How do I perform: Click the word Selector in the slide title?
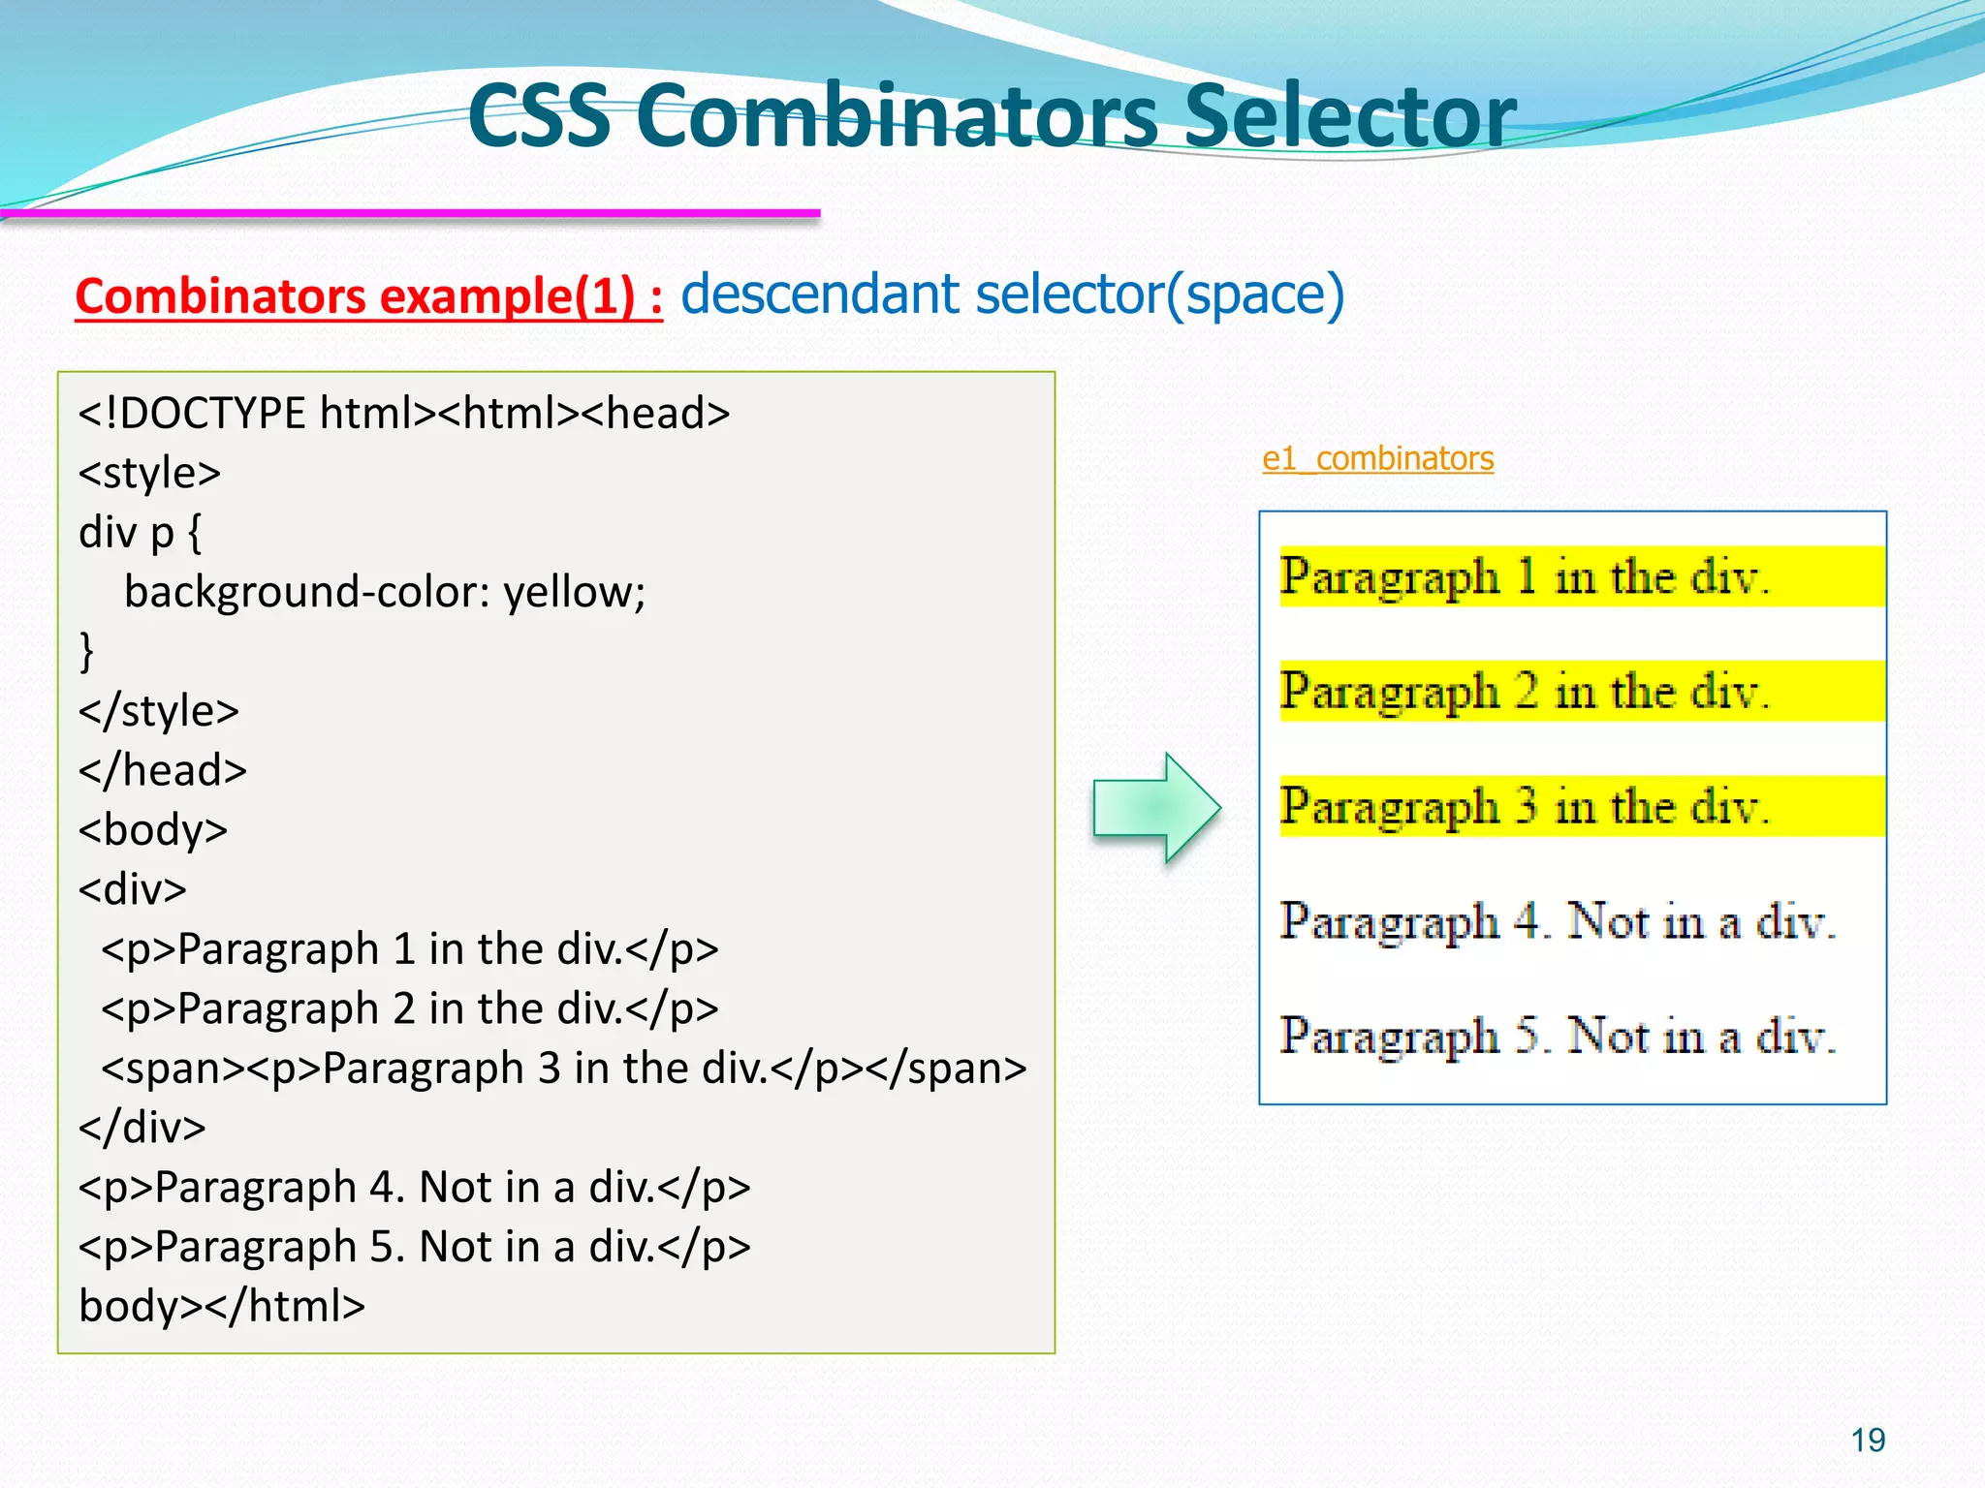click(x=1349, y=116)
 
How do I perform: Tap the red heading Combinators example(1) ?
click(x=368, y=295)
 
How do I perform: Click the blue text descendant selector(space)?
click(x=1012, y=294)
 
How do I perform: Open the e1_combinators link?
click(x=1377, y=458)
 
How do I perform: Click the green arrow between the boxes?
click(x=1155, y=807)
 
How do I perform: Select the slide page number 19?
click(x=1868, y=1440)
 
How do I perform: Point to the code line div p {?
click(x=141, y=533)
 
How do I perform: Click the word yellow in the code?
click(x=572, y=592)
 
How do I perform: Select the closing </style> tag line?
click(x=158, y=711)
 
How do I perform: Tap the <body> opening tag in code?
click(x=153, y=830)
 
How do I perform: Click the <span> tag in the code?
click(x=173, y=1069)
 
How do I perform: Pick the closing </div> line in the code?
click(x=142, y=1128)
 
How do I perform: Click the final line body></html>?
click(x=222, y=1306)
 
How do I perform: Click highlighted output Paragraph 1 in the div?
click(x=1524, y=577)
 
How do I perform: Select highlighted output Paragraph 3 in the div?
click(x=1524, y=806)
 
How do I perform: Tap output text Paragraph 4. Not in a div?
click(x=1557, y=921)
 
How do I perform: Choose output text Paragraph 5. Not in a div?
click(x=1557, y=1036)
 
